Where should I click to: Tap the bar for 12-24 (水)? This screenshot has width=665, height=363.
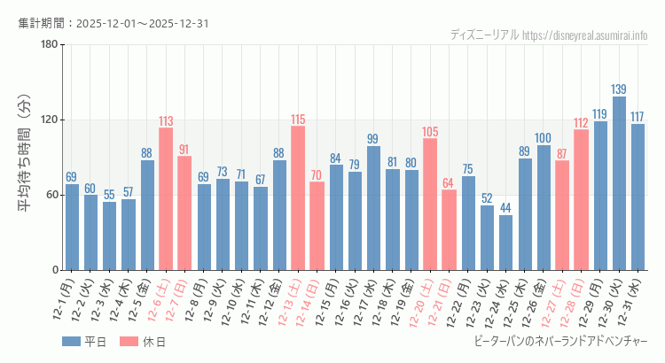pyautogui.click(x=505, y=243)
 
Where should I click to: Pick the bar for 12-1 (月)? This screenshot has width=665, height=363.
pyautogui.click(x=72, y=227)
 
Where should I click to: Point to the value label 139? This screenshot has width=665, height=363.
pyautogui.click(x=619, y=89)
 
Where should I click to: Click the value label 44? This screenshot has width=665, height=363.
pyautogui.click(x=505, y=208)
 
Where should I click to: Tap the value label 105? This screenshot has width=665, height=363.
pyautogui.click(x=430, y=132)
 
